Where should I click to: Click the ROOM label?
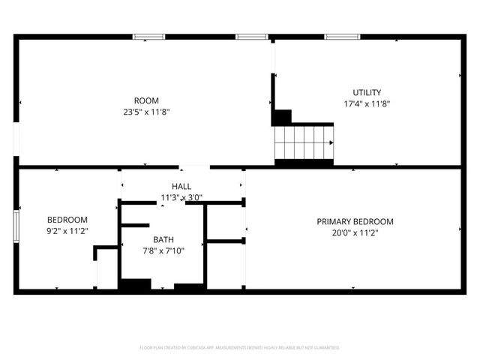coord(146,100)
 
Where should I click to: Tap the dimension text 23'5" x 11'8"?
coord(146,112)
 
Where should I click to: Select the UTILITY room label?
coord(367,93)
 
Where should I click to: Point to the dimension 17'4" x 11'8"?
coord(367,104)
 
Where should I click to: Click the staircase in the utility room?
coord(304,142)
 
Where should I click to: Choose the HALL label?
coord(181,186)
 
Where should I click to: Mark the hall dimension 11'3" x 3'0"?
coord(181,198)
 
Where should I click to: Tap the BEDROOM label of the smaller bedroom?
coord(67,220)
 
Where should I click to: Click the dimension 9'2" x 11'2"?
coord(67,231)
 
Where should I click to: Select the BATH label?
coord(163,240)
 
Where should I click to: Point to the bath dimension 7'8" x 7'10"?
coord(163,251)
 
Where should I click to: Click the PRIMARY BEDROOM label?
coord(355,221)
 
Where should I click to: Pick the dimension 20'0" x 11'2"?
coord(355,232)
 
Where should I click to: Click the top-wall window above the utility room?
coord(342,36)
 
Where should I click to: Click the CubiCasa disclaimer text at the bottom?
coord(240,348)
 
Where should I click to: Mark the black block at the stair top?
coord(282,118)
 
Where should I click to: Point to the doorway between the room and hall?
coord(194,166)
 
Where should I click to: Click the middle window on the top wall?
coord(252,36)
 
